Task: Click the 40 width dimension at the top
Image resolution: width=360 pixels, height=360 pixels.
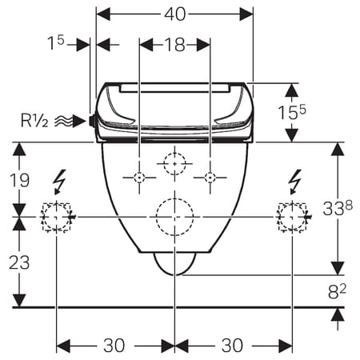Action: pyautogui.click(x=174, y=14)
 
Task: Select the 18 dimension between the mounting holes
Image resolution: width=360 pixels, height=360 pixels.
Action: pyautogui.click(x=175, y=45)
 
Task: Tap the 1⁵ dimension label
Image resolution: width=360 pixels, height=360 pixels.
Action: pyautogui.click(x=56, y=42)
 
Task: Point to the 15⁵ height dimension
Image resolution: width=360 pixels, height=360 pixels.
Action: pyautogui.click(x=292, y=112)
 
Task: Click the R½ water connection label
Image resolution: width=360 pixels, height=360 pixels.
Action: pyautogui.click(x=34, y=121)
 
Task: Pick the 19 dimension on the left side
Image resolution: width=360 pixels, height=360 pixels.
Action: pyautogui.click(x=19, y=180)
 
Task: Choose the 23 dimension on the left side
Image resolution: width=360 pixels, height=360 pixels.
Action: pyautogui.click(x=19, y=262)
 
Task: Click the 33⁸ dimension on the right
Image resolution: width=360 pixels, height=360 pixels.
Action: pyautogui.click(x=338, y=208)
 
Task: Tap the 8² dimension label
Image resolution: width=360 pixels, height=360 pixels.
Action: pyautogui.click(x=337, y=291)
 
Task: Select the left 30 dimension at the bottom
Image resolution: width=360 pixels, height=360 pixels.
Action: pyautogui.click(x=114, y=346)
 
